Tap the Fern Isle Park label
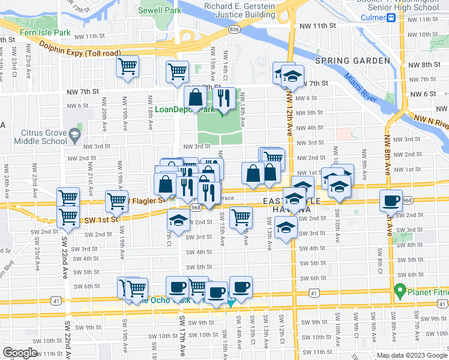click(x=46, y=33)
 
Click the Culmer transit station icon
click(x=391, y=18)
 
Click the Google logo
click(x=20, y=353)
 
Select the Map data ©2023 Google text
click(x=411, y=355)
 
